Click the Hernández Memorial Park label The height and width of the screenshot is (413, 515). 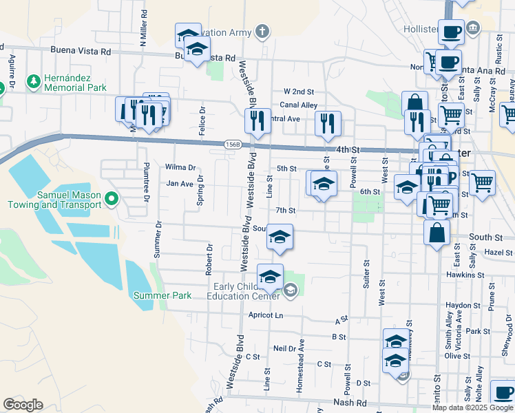tap(75, 83)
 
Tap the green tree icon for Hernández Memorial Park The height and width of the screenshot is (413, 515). tap(33, 82)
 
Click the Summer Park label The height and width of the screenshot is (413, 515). tap(162, 295)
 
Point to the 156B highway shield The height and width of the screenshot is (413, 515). tap(233, 144)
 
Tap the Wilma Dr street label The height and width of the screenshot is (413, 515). tap(180, 167)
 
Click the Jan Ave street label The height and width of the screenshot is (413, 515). tap(180, 184)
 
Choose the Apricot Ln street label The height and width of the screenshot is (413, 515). tap(269, 315)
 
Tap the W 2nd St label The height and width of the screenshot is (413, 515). tap(298, 92)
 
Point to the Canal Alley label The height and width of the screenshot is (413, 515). tap(298, 105)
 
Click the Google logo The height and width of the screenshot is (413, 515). tap(23, 405)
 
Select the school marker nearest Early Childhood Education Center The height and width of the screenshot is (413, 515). tap(271, 277)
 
